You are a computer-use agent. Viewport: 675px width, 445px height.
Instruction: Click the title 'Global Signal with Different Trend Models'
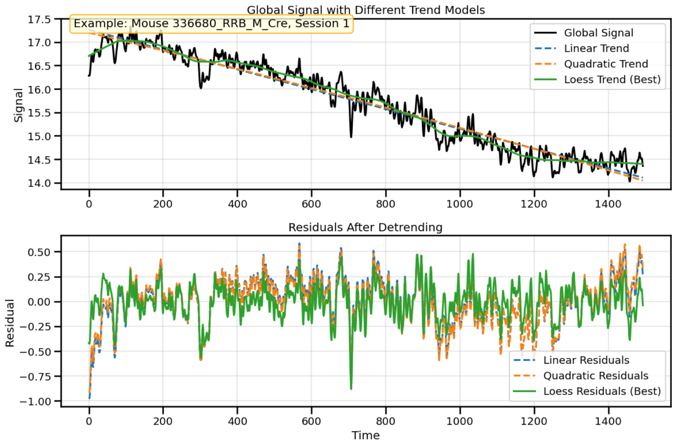tap(366, 10)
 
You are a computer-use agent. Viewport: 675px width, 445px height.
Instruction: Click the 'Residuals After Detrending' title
tap(365, 227)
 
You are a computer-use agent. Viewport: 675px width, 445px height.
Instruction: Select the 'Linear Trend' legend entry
tap(596, 48)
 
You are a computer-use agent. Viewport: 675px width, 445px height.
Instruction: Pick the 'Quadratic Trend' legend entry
tap(606, 64)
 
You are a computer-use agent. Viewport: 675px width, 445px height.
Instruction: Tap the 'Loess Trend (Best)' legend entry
tap(612, 80)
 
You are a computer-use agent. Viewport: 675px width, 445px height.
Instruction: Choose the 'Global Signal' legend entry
tap(598, 33)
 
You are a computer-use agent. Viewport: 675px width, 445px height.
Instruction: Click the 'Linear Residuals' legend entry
tap(586, 360)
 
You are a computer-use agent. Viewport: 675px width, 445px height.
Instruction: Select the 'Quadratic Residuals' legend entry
tap(596, 376)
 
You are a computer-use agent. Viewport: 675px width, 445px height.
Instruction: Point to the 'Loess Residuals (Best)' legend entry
tap(602, 391)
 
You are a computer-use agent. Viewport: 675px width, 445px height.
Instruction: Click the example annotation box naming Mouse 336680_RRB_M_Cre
tap(211, 23)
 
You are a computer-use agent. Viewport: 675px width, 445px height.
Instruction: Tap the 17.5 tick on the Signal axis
tap(39, 19)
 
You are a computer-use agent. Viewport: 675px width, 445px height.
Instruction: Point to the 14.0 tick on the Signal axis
tap(39, 183)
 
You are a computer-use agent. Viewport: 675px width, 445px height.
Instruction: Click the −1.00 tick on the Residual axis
tap(35, 401)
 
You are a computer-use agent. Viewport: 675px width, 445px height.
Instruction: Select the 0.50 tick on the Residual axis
tap(39, 252)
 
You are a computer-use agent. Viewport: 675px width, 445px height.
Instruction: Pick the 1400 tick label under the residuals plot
tap(608, 421)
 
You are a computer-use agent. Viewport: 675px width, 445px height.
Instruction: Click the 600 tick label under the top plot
tap(311, 204)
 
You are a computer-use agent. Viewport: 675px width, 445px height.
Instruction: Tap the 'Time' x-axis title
tap(366, 435)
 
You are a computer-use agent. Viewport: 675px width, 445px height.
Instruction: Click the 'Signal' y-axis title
tap(18, 105)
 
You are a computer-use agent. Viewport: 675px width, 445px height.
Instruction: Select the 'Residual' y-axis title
tap(10, 323)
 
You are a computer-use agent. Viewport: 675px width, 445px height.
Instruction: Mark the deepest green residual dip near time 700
tap(351, 388)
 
